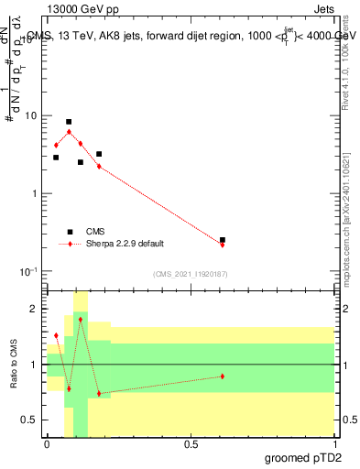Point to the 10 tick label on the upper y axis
coord(32,116)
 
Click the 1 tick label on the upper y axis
coord(36,194)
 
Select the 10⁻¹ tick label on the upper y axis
coord(30,271)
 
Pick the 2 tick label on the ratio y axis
coord(36,310)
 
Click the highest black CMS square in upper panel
coord(69,122)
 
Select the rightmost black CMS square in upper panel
coord(223,240)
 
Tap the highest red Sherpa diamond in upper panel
coord(69,132)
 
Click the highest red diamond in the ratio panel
coord(81,320)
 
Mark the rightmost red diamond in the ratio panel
coord(223,376)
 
